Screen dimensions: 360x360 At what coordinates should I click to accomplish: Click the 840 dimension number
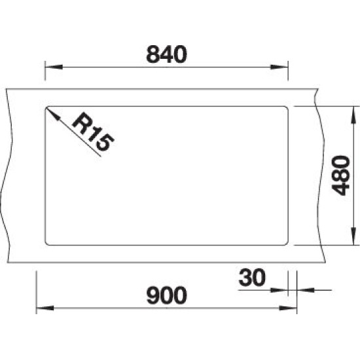pos(167,54)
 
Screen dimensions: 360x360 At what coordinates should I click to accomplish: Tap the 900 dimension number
pos(167,295)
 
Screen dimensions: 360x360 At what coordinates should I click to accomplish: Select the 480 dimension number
pos(341,175)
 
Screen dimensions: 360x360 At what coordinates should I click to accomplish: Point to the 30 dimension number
pos(252,278)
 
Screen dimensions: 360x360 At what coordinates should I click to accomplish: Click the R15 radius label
pos(93,132)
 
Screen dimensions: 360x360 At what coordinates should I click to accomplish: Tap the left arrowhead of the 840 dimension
pos(54,67)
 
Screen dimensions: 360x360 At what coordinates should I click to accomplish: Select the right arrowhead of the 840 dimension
pos(279,67)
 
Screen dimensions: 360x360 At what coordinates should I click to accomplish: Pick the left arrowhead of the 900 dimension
pos(45,308)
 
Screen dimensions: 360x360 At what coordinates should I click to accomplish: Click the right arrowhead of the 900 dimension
pos(288,308)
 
